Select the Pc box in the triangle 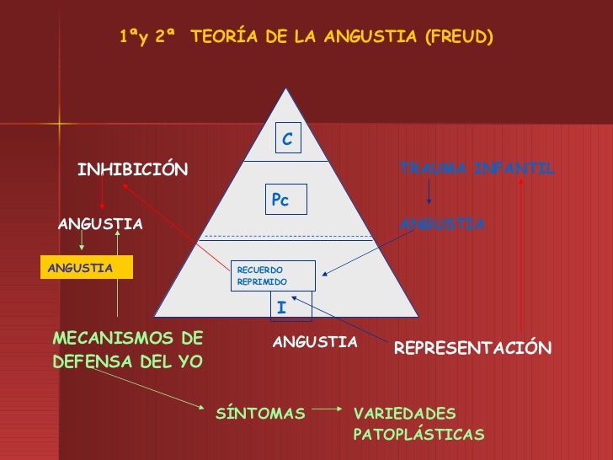click(x=285, y=200)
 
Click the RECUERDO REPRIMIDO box click(x=273, y=275)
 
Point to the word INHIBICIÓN click(x=133, y=170)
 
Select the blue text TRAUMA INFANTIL click(x=477, y=168)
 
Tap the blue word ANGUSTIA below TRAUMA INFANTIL click(x=442, y=224)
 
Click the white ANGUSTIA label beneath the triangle click(x=316, y=342)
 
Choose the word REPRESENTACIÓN click(x=472, y=348)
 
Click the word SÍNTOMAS click(x=261, y=414)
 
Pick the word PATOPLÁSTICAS click(x=419, y=435)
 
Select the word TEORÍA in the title click(x=221, y=37)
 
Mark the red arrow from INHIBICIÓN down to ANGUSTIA click(x=102, y=195)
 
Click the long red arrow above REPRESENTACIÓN click(x=522, y=253)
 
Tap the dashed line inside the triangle click(x=286, y=237)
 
